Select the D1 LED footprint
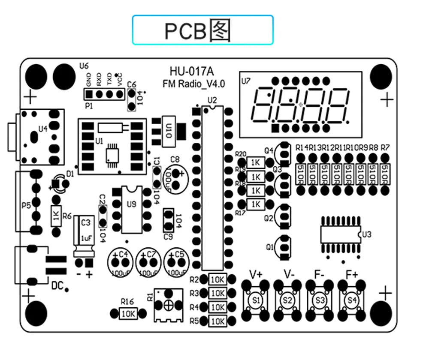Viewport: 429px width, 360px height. pyautogui.click(x=60, y=184)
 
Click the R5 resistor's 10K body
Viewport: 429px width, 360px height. pyautogui.click(x=218, y=321)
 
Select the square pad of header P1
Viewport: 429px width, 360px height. pyautogui.click(x=89, y=93)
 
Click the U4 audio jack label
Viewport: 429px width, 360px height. pyautogui.click(x=43, y=129)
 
